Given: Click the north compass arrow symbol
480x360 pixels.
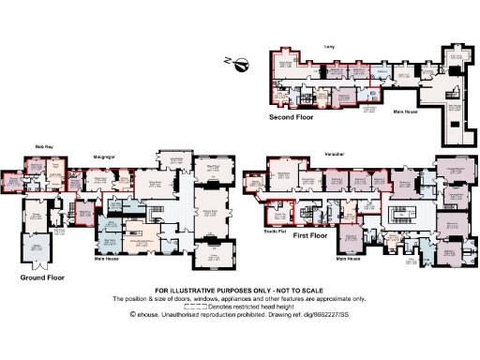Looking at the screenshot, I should (242, 64).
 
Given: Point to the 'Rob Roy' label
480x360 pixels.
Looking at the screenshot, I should (44, 146).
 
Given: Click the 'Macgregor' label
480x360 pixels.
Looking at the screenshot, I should (104, 146).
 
